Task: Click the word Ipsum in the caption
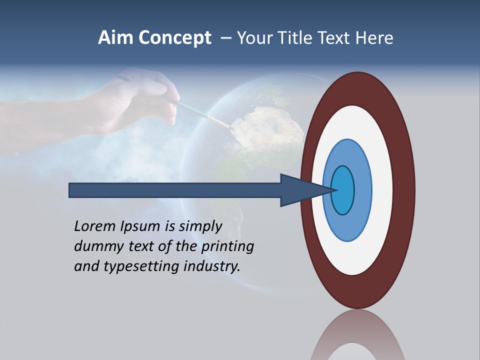click(x=141, y=226)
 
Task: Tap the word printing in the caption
click(x=227, y=246)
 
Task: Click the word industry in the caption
click(x=212, y=266)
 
